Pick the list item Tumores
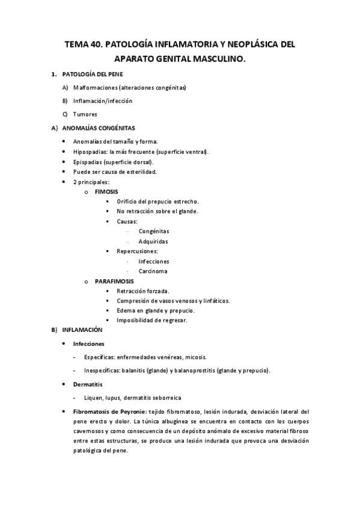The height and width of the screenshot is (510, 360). click(x=85, y=114)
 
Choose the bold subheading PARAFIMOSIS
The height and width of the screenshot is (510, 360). click(x=114, y=281)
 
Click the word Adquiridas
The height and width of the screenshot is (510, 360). click(x=153, y=241)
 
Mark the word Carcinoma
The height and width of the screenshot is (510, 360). click(x=153, y=271)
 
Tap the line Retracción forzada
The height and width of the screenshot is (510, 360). click(x=142, y=290)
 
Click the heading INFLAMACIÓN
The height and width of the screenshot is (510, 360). click(x=82, y=330)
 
